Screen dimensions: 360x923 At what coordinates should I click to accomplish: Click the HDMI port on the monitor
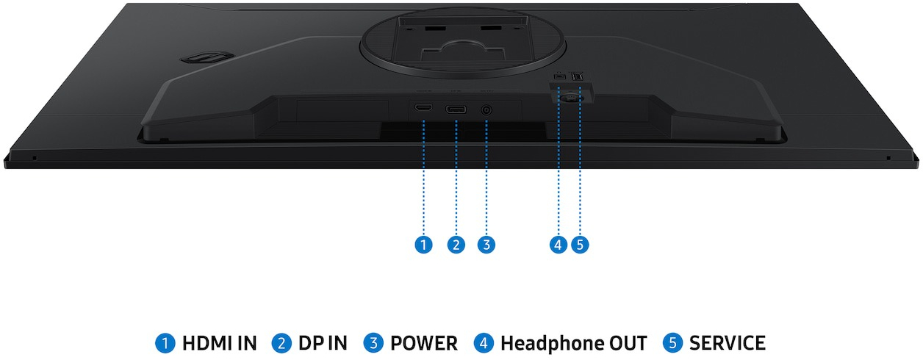pos(423,109)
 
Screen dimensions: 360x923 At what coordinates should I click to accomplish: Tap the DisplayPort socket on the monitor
pos(456,110)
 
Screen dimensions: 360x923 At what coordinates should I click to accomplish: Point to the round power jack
pos(486,110)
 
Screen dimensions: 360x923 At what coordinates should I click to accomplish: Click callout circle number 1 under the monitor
pos(423,245)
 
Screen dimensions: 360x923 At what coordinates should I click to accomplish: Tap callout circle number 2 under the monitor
pos(456,245)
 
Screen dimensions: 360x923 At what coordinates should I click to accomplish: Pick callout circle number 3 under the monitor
pos(486,245)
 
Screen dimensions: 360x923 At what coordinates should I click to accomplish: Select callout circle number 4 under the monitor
pos(559,245)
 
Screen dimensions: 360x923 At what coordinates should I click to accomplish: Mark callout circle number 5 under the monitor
pos(581,245)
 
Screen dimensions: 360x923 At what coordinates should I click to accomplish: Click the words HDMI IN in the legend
pos(219,343)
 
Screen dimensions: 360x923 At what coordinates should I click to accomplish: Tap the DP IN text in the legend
pos(323,343)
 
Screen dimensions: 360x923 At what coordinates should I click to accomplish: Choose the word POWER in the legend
pos(423,343)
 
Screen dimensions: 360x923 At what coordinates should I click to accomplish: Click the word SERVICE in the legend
pos(727,343)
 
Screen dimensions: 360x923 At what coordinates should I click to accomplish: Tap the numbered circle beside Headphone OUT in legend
pos(484,343)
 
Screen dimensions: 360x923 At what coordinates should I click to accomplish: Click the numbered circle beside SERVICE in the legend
pos(672,343)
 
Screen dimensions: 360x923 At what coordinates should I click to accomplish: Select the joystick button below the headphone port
pos(568,94)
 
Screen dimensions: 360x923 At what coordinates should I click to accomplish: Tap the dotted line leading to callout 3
pos(486,176)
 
